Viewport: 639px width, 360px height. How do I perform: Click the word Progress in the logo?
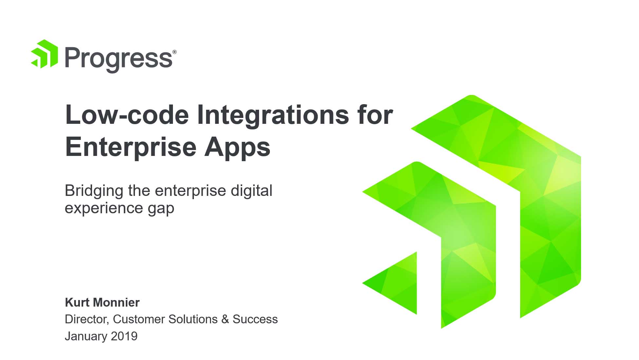(x=119, y=59)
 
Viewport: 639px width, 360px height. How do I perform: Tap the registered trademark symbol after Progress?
(x=175, y=52)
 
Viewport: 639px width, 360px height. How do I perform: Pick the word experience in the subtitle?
(x=103, y=209)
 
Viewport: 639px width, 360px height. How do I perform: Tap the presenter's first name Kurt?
(x=76, y=302)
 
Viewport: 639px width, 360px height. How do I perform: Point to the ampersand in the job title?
(x=225, y=319)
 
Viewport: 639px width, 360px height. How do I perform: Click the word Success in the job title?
(x=255, y=319)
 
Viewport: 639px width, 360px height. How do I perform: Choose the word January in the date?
(x=86, y=336)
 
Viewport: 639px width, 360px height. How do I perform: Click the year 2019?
(x=124, y=336)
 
